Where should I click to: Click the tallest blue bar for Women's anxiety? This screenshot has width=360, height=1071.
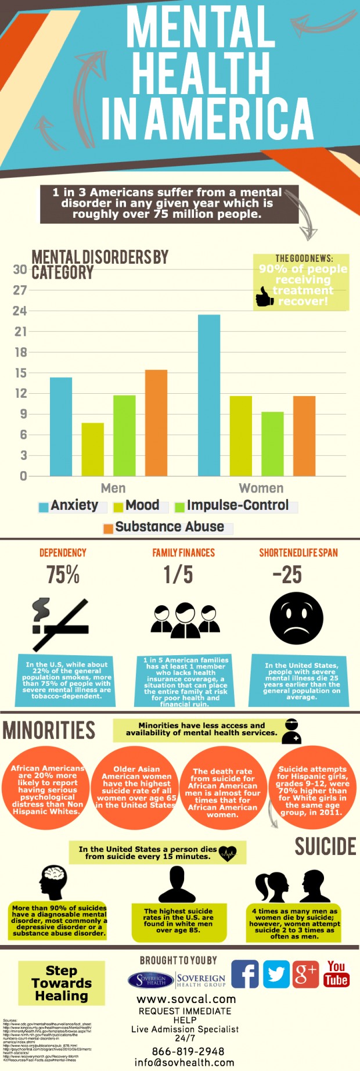click(x=209, y=395)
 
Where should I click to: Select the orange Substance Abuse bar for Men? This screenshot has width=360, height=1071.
click(x=156, y=423)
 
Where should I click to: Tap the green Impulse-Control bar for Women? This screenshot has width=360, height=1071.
click(x=272, y=444)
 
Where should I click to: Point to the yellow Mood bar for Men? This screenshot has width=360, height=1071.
click(x=92, y=450)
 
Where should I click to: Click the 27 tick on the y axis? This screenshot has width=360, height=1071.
click(x=20, y=290)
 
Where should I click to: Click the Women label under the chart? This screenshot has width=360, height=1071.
click(x=261, y=488)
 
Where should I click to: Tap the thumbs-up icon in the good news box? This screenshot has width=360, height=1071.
click(x=265, y=299)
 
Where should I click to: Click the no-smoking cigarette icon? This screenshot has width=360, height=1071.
click(x=60, y=624)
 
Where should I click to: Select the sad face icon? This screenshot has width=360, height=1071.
click(x=297, y=619)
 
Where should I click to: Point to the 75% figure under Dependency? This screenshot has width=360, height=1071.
click(x=63, y=575)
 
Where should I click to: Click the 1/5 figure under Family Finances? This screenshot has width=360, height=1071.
click(x=178, y=575)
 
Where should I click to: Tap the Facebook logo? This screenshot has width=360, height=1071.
click(x=245, y=974)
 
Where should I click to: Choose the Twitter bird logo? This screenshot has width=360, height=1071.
click(x=276, y=974)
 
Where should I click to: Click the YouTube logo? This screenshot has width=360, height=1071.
click(x=336, y=974)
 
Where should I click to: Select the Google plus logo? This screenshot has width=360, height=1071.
click(x=306, y=974)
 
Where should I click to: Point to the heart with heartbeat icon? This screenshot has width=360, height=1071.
click(x=227, y=853)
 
